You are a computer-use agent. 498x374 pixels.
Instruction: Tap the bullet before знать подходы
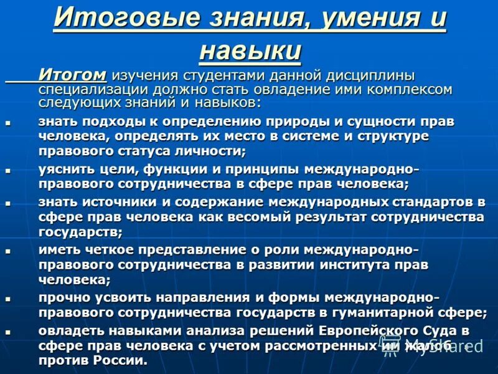8,122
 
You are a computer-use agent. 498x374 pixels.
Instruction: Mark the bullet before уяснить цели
8,170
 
